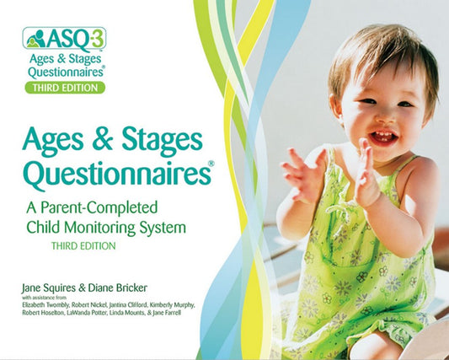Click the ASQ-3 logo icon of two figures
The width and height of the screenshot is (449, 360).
coord(35,39)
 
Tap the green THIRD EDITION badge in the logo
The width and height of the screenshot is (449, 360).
coord(64,87)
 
